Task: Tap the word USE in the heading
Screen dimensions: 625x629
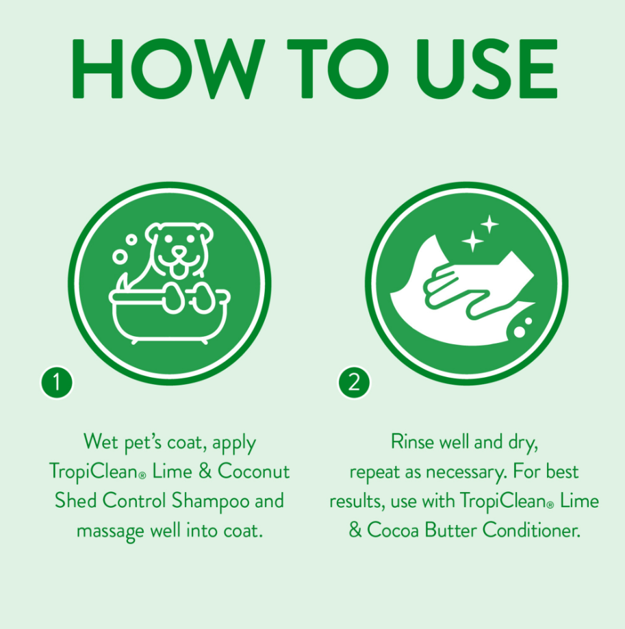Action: pyautogui.click(x=487, y=68)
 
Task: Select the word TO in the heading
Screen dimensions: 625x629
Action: pyautogui.click(x=338, y=68)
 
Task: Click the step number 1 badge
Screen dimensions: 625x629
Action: pyautogui.click(x=57, y=383)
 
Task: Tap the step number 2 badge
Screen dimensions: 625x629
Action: pyautogui.click(x=354, y=383)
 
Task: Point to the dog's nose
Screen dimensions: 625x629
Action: pyautogui.click(x=179, y=252)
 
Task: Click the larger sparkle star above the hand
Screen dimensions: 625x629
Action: pyautogui.click(x=472, y=241)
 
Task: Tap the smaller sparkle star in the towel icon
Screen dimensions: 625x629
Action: pyautogui.click(x=489, y=224)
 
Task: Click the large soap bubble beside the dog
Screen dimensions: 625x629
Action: pyautogui.click(x=120, y=257)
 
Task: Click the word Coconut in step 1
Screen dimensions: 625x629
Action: pyautogui.click(x=253, y=472)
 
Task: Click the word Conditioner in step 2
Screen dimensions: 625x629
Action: pyautogui.click(x=531, y=530)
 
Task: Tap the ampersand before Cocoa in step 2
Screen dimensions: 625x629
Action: pyautogui.click(x=355, y=530)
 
